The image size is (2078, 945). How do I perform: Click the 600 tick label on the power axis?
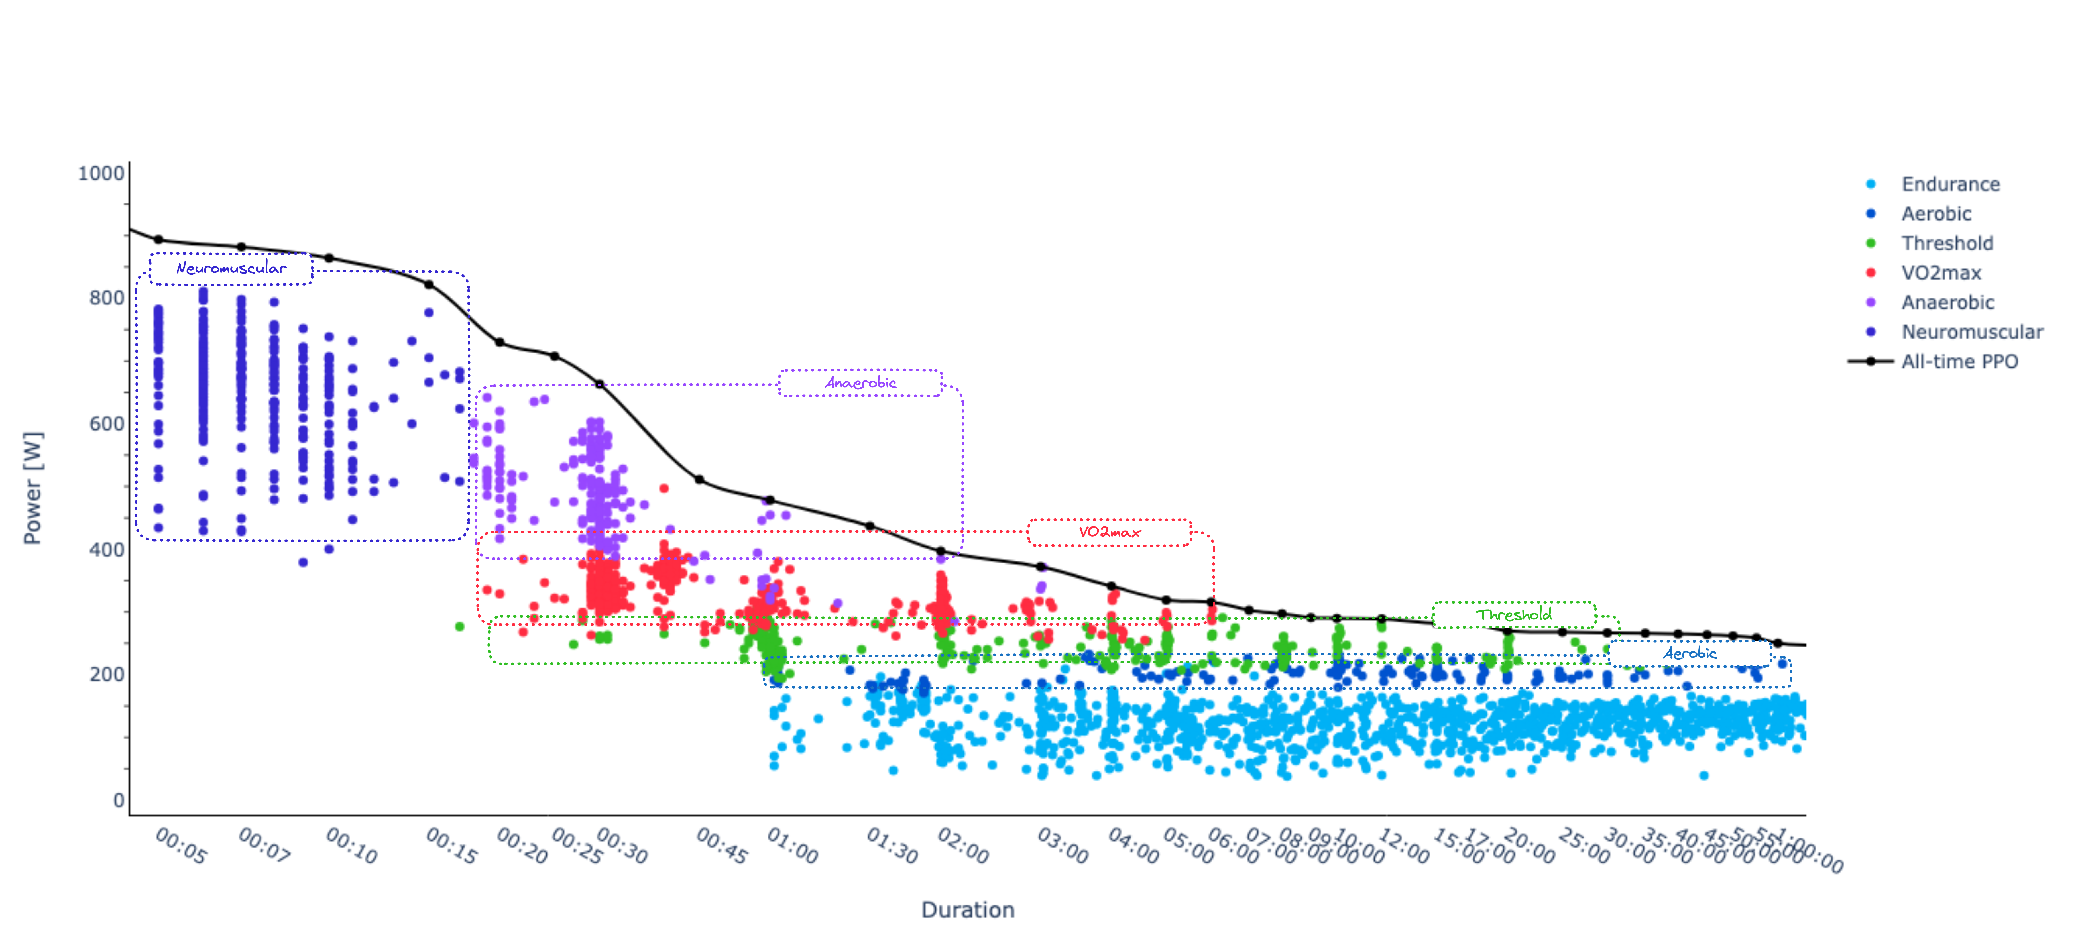pos(107,424)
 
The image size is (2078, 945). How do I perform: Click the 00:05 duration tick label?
pos(181,846)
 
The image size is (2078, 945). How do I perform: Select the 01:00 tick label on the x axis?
pos(792,846)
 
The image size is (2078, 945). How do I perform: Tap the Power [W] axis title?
pos(32,488)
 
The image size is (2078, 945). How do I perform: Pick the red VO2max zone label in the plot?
pos(1109,532)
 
